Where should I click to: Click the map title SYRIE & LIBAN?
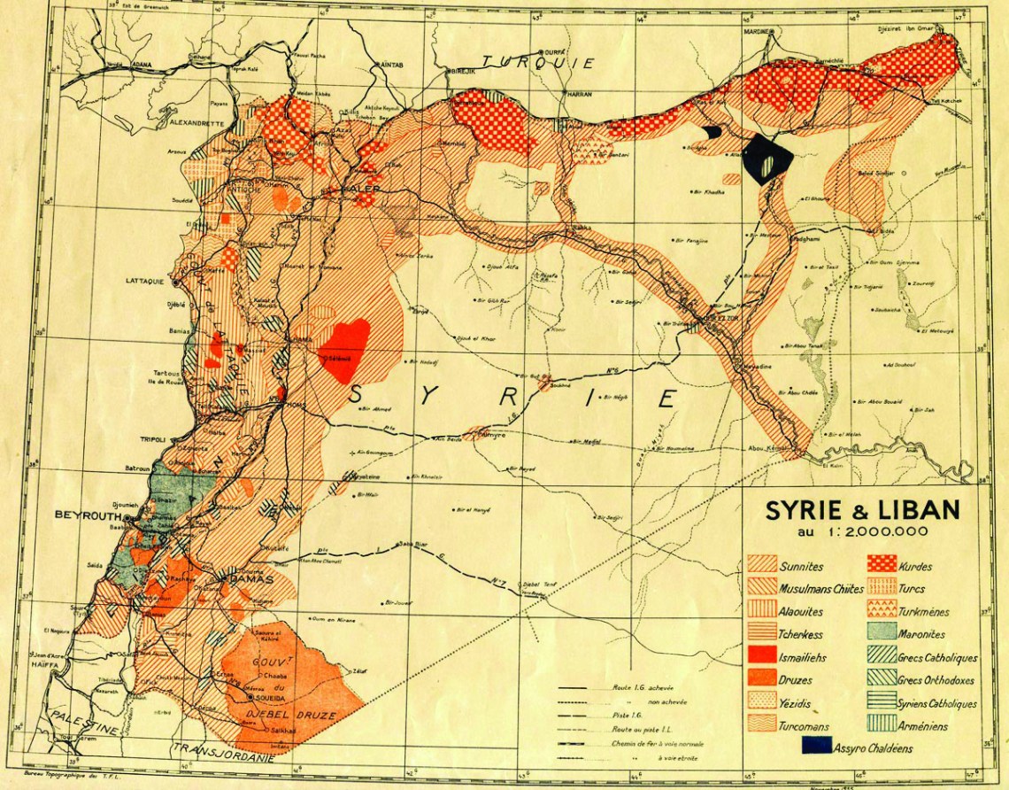pos(851,511)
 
